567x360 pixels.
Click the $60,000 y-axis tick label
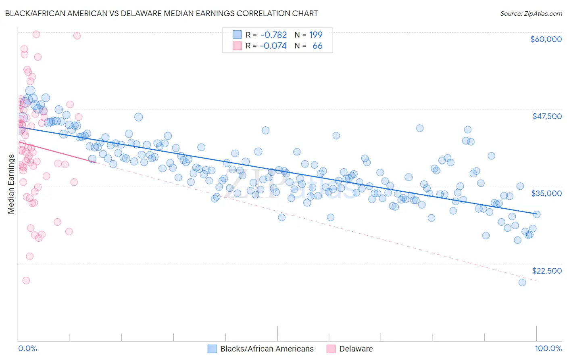(x=546, y=39)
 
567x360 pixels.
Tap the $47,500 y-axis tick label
(x=547, y=116)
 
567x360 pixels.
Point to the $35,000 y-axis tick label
(x=546, y=193)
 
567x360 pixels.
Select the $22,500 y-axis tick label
(x=547, y=271)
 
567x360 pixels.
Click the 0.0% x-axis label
(x=27, y=348)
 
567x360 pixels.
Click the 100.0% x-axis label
(x=548, y=348)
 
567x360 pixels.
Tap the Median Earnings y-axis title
(x=11, y=184)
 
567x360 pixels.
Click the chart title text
(x=161, y=13)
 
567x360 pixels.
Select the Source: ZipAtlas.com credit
(x=531, y=13)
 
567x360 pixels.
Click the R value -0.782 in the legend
(x=273, y=35)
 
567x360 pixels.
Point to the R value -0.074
(x=273, y=46)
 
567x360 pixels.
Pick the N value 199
(x=316, y=35)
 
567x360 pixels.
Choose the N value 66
(x=317, y=46)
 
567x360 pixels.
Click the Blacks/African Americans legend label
(x=267, y=349)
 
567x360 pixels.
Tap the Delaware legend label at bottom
(x=356, y=349)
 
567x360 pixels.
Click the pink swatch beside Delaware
(x=331, y=349)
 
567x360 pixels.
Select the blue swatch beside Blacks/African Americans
(x=212, y=349)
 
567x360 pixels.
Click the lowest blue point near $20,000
(x=522, y=282)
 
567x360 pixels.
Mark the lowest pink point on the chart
(x=26, y=280)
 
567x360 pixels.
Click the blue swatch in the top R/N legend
(x=237, y=35)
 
